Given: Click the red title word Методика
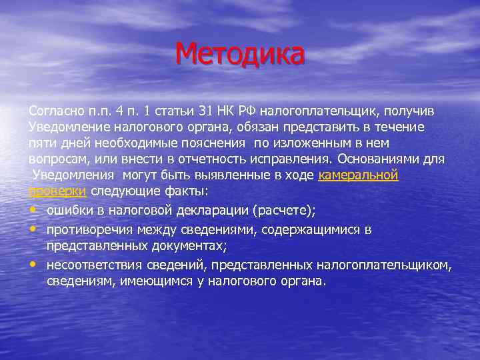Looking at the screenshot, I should click(241, 53).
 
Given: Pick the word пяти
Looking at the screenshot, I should click(42, 143).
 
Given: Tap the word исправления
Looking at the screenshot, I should click(287, 159).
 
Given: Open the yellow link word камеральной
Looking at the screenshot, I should click(359, 176).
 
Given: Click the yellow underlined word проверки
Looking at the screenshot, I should click(58, 192).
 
